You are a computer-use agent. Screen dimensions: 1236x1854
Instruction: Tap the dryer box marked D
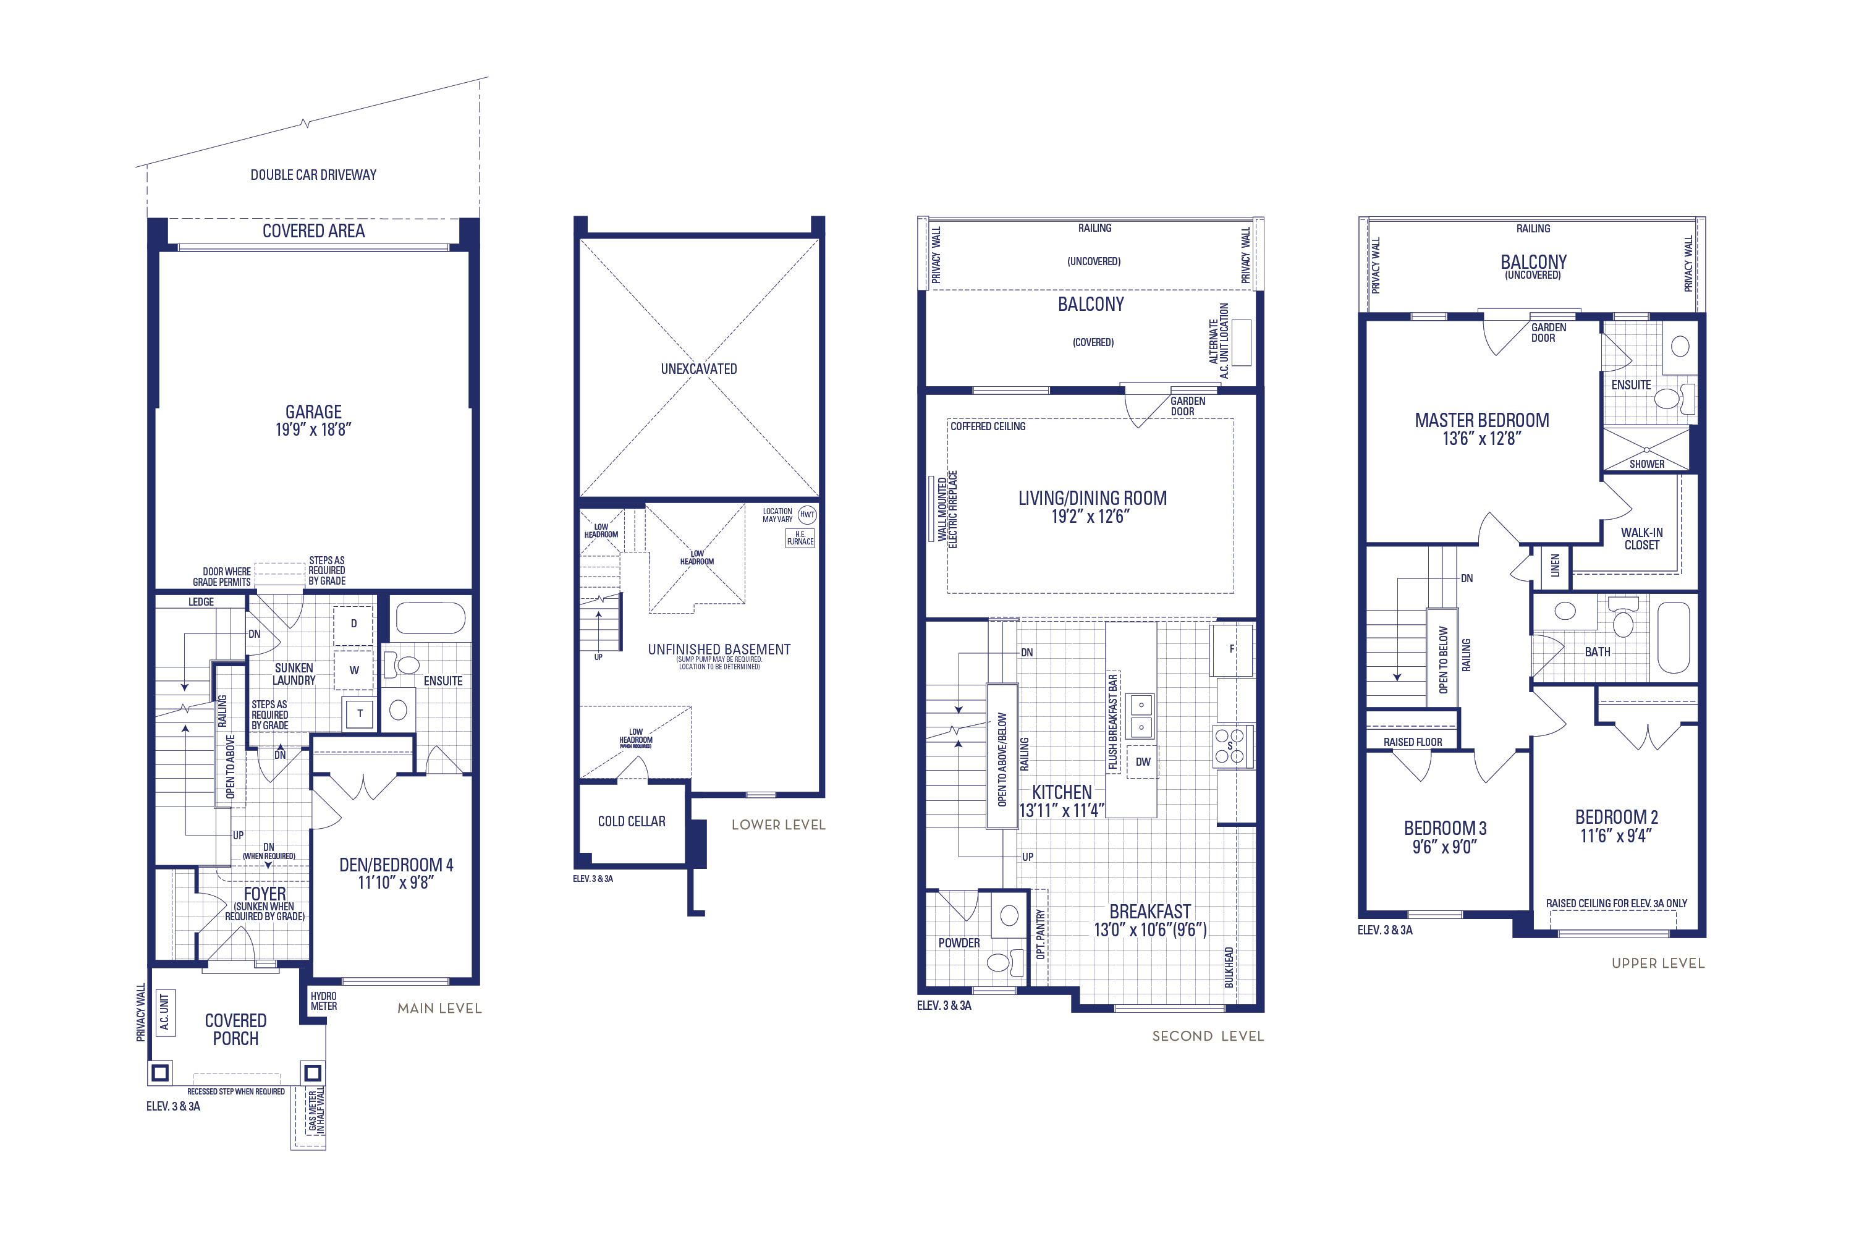353,624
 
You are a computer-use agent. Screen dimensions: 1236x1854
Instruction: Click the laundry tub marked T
360,713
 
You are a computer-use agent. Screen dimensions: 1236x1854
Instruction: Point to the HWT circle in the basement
807,515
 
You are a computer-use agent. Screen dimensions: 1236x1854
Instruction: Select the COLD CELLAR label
632,821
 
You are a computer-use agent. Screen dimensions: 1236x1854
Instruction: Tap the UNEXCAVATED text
698,369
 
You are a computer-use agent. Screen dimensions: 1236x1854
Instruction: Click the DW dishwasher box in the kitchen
1142,761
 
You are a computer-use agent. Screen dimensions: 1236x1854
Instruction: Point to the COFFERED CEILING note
988,426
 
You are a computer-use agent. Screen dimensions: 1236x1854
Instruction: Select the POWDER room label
959,943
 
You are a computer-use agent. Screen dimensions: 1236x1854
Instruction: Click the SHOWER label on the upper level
1647,464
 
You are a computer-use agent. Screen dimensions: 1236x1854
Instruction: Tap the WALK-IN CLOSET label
1641,539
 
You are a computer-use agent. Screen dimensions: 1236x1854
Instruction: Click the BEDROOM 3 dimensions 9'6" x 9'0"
1444,847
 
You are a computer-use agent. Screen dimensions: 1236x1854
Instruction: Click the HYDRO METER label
323,1001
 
